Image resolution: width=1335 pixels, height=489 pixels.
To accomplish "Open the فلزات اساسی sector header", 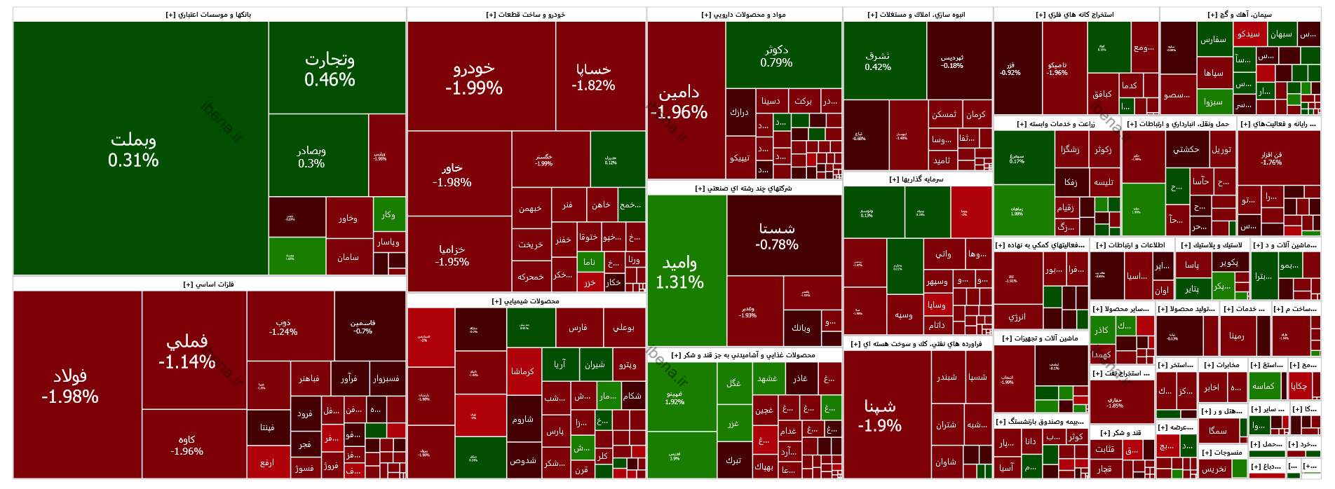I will point(209,284).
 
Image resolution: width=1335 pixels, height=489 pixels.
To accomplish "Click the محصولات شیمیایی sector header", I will point(526,301).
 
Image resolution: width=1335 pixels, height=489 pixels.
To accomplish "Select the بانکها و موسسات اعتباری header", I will point(209,15).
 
